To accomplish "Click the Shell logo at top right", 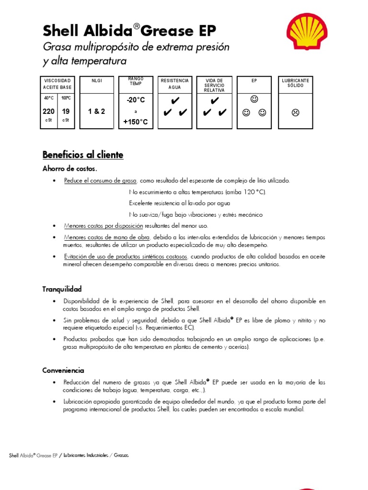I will pos(307,32).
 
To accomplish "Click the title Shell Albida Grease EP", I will pos(129,31).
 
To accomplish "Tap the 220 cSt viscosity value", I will pos(48,111).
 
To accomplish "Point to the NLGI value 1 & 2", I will pos(96,111).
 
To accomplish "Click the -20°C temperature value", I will pos(136,100).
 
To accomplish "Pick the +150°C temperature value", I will pos(136,122).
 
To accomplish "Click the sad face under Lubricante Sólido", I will pos(295,113).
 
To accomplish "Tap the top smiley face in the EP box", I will pos(254,100).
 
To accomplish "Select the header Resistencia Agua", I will pos(175,84).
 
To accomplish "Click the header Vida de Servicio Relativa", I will pos(214,85).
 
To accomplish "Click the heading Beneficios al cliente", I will pos(83,155).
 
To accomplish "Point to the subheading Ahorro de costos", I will pos(70,168).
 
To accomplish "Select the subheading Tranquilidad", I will pos(62,289).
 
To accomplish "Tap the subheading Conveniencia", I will pos(63,370).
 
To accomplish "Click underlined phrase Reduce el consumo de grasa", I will pos(101,180).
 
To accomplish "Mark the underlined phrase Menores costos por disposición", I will pos(103,225).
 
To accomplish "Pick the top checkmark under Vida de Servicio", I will pos(215,100).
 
